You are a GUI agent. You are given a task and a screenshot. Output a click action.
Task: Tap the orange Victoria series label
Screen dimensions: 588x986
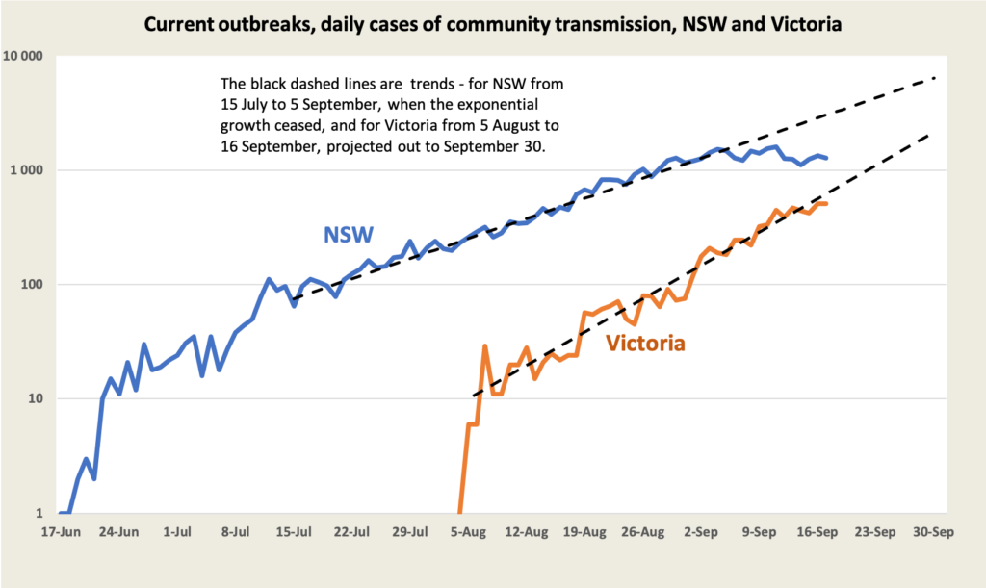(x=645, y=344)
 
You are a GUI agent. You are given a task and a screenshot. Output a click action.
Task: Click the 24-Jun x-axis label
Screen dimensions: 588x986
(x=120, y=531)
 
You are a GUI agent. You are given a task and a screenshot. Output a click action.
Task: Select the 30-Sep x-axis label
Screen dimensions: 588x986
(x=934, y=531)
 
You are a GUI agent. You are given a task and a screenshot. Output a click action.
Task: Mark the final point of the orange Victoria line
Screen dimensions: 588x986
(x=825, y=204)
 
